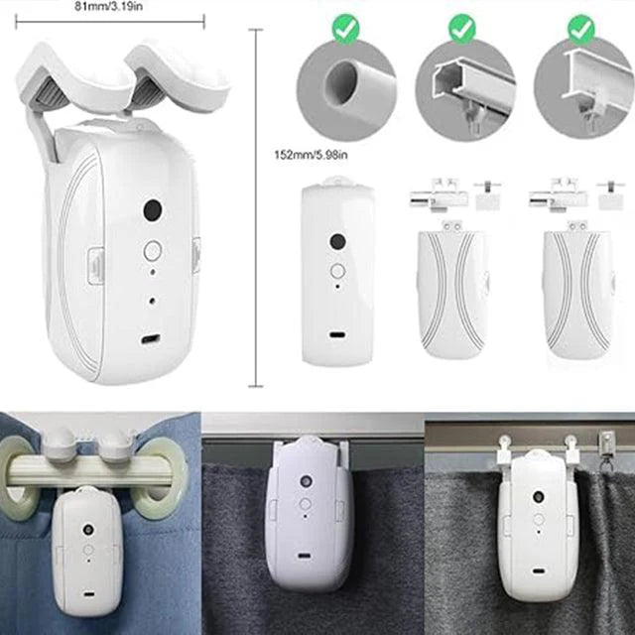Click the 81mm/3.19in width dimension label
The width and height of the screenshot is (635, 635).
coord(109,6)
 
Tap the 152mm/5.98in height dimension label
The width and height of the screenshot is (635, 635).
coord(311,155)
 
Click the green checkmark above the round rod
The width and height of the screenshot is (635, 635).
coord(345,29)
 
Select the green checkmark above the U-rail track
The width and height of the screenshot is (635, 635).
coord(462,29)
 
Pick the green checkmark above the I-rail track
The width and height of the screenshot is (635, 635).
coord(581,29)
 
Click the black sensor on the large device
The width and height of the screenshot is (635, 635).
coord(153,209)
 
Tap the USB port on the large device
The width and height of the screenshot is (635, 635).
coord(150,338)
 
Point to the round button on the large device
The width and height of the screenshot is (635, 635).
coord(153,251)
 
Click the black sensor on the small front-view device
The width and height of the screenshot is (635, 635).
coord(337,242)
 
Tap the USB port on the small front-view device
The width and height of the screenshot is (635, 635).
coord(337,334)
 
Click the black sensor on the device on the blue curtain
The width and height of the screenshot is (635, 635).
coord(88,529)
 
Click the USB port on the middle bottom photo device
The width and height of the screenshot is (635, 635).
coord(302,556)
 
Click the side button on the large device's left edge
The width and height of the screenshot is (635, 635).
coord(95,265)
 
